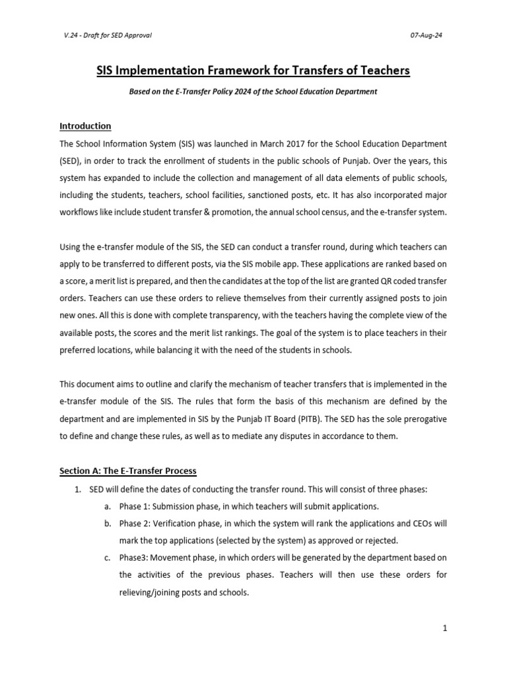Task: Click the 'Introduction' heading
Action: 85,126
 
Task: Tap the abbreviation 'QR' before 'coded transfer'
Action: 386,281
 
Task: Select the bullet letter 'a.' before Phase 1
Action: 107,506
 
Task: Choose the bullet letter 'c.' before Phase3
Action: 107,558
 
